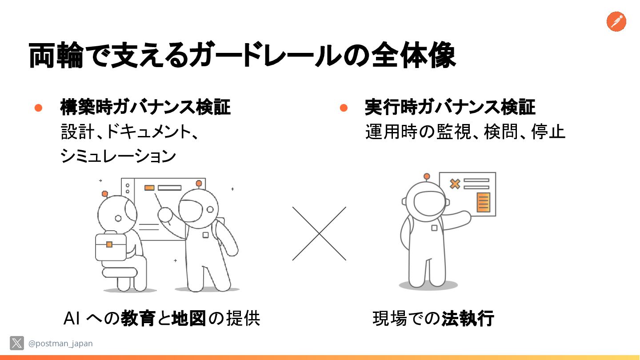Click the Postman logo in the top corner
[x=616, y=22]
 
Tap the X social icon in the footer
[x=17, y=343]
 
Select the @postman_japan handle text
[x=60, y=344]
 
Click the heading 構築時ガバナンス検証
[x=145, y=108]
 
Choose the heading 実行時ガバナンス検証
[x=450, y=108]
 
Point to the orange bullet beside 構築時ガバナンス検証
[x=38, y=108]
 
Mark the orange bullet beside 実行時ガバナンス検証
[x=343, y=108]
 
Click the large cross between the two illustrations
[x=319, y=234]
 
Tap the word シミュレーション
[x=118, y=156]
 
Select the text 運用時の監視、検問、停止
[x=465, y=132]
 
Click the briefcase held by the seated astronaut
[x=110, y=246]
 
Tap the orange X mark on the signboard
[x=454, y=184]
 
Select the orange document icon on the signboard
[x=483, y=202]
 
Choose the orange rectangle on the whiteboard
[x=149, y=188]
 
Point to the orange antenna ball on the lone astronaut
[x=427, y=176]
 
